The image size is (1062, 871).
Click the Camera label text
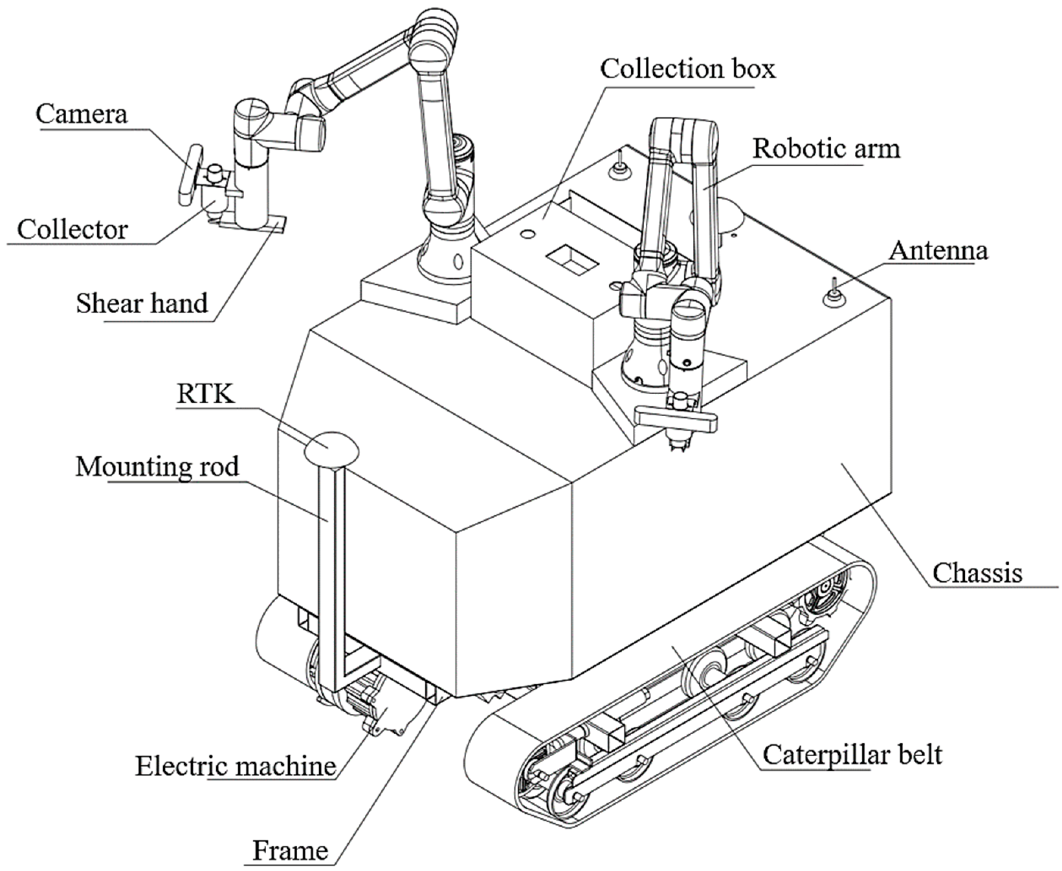[x=81, y=114]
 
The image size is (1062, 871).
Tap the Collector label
[x=72, y=230]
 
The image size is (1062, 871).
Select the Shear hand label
[x=142, y=304]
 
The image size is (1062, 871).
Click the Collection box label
[x=687, y=69]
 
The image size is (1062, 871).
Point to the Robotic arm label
[x=826, y=149]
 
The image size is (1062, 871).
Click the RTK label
[x=205, y=394]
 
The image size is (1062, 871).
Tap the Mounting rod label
[x=157, y=467]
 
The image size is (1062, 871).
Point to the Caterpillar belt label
[x=852, y=754]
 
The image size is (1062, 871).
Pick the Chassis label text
[x=977, y=573]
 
